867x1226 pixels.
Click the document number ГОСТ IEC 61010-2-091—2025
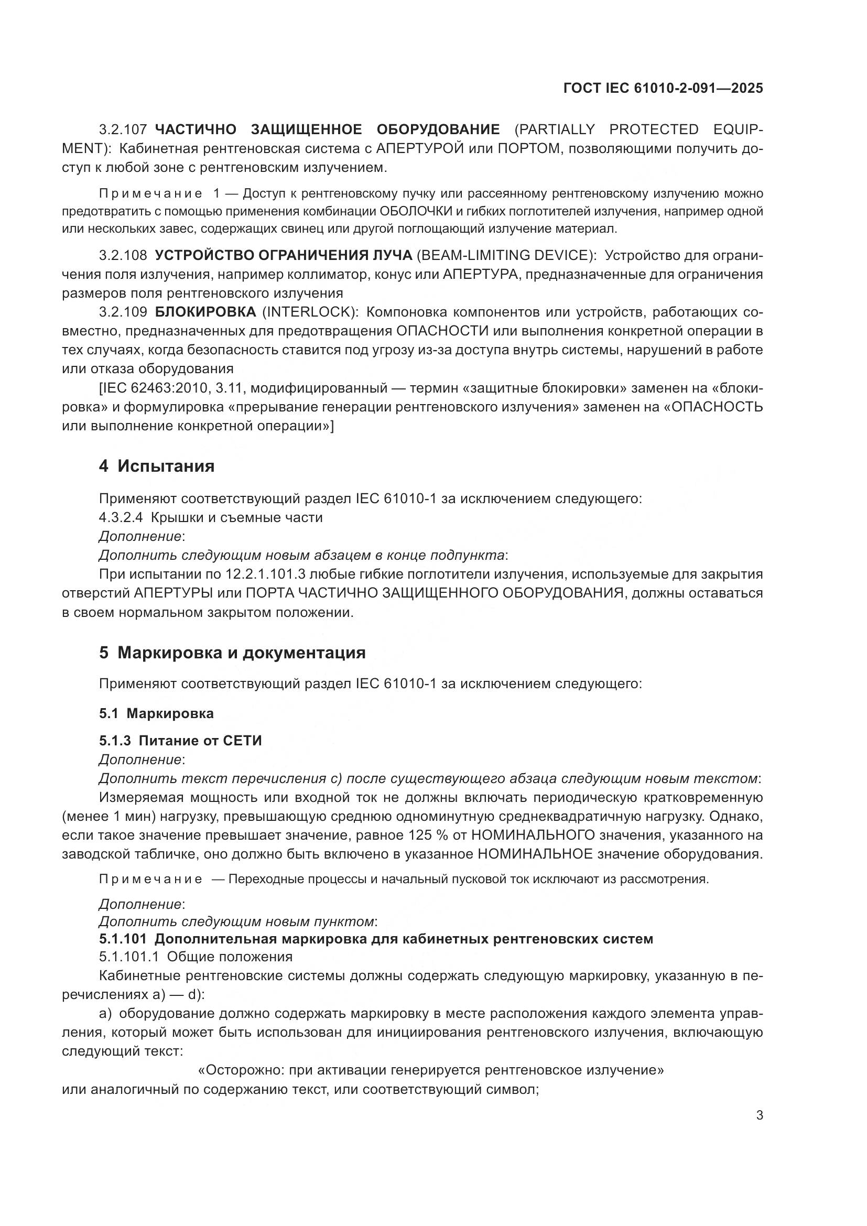pyautogui.click(x=663, y=88)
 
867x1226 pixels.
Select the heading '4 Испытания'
pyautogui.click(x=156, y=466)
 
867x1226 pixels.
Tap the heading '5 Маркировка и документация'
pyautogui.click(x=232, y=653)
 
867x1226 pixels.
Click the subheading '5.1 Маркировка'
pyautogui.click(x=156, y=713)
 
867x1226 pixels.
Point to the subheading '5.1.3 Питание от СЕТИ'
pyautogui.click(x=180, y=741)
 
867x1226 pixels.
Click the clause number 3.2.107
pyautogui.click(x=123, y=130)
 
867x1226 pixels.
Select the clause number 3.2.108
pyautogui.click(x=123, y=255)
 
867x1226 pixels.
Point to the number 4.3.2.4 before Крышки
pyautogui.click(x=121, y=517)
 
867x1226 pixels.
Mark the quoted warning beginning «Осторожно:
pyautogui.click(x=431, y=1071)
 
